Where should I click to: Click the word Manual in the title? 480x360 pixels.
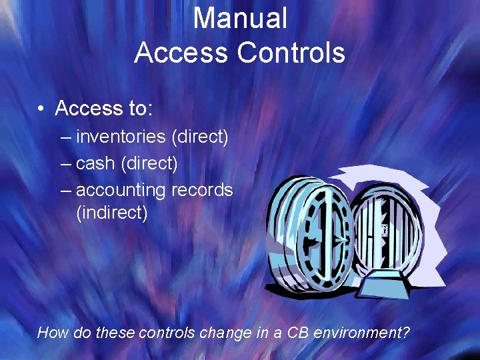click(x=240, y=19)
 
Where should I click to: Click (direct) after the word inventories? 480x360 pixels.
click(x=200, y=137)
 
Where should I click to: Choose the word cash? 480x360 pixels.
click(x=96, y=163)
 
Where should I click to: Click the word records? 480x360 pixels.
click(x=202, y=190)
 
